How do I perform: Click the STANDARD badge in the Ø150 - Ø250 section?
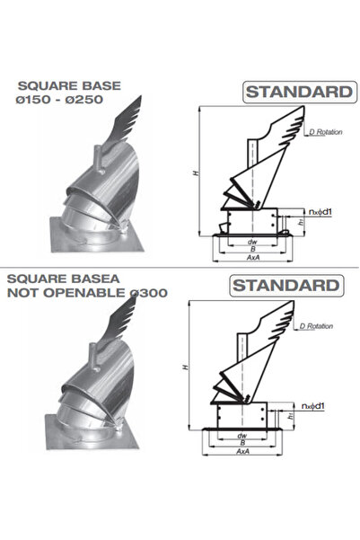click(x=290, y=92)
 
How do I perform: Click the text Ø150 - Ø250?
click(x=60, y=100)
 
